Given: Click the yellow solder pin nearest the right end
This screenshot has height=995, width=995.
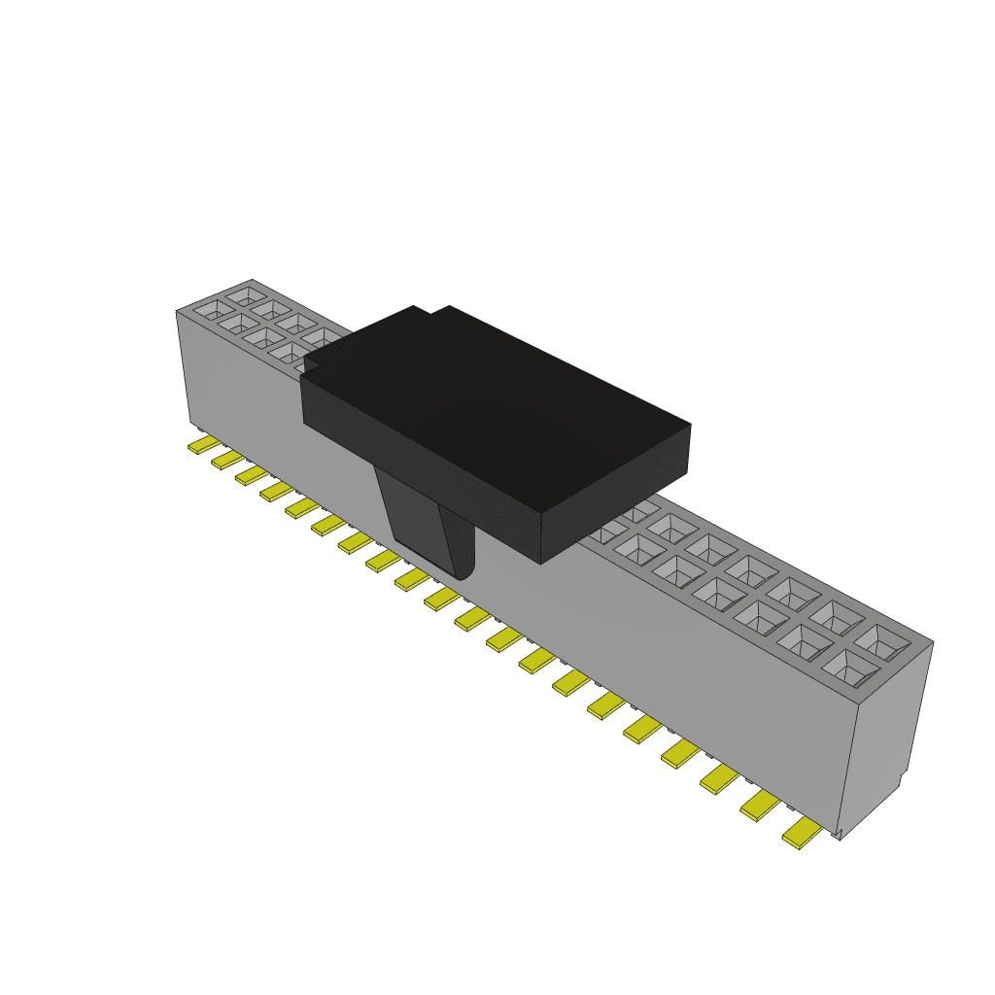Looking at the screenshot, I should point(802,833).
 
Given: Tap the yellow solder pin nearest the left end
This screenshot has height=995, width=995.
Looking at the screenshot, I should point(204,444).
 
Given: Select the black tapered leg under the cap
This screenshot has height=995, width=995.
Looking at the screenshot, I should point(428,525).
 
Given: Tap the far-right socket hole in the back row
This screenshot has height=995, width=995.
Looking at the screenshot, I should point(882,641).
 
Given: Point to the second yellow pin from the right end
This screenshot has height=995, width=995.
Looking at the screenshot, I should point(760,806).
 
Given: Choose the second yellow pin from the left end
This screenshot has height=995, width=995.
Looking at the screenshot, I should point(227,458).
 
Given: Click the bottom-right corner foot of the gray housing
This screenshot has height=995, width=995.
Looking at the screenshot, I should point(838,834).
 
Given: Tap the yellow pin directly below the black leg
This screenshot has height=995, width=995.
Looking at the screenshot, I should point(412,580).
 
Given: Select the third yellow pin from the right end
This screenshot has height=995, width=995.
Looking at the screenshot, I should point(719,777).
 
